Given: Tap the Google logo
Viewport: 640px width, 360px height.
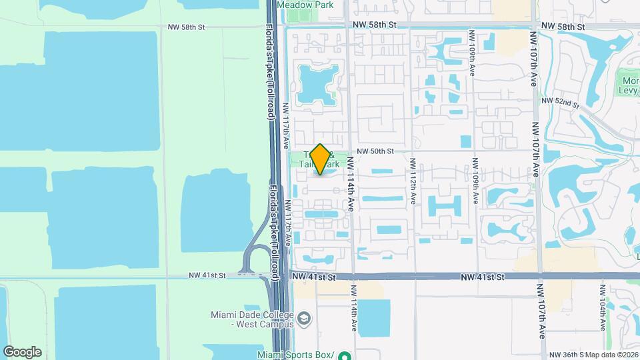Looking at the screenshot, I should coord(22,352).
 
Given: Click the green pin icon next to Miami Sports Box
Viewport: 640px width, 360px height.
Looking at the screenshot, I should coord(344,355).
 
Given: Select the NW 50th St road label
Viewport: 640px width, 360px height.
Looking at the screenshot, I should coord(377,151).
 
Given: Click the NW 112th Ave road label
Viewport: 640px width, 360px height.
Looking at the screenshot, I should coord(413,181).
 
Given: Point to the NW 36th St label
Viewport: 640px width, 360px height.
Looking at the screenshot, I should coord(566,355).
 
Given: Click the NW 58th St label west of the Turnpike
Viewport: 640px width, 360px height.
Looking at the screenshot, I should coord(186,27).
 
